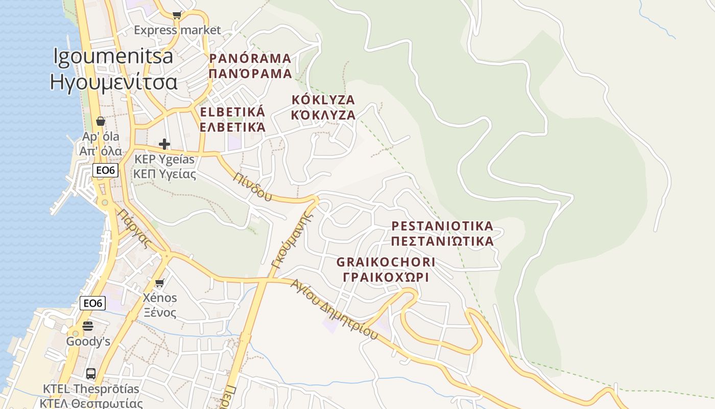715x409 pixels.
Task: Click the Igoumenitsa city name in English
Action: [113, 57]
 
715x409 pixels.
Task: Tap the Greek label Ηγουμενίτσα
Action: [113, 82]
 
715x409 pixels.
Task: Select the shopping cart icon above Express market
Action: [177, 15]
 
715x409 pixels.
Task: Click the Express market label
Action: [177, 30]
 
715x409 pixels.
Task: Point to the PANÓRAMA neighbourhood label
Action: [250, 58]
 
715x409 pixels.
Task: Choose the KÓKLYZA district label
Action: [323, 100]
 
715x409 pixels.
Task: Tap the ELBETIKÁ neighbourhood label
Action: [233, 112]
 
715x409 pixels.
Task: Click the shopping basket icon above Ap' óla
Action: [101, 122]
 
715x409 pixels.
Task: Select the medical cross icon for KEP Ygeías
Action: [164, 144]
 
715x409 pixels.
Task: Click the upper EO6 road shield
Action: [105, 170]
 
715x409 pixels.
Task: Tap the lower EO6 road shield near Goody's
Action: [92, 303]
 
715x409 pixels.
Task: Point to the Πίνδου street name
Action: [252, 187]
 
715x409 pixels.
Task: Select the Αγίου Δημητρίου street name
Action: [334, 309]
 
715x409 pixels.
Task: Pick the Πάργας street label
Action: [134, 228]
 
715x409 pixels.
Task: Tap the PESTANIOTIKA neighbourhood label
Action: [442, 226]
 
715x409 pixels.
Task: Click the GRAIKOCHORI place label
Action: [386, 262]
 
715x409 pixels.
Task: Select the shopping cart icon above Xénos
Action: [160, 283]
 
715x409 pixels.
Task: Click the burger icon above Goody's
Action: [88, 326]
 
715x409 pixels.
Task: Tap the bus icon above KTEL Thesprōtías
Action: [91, 374]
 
